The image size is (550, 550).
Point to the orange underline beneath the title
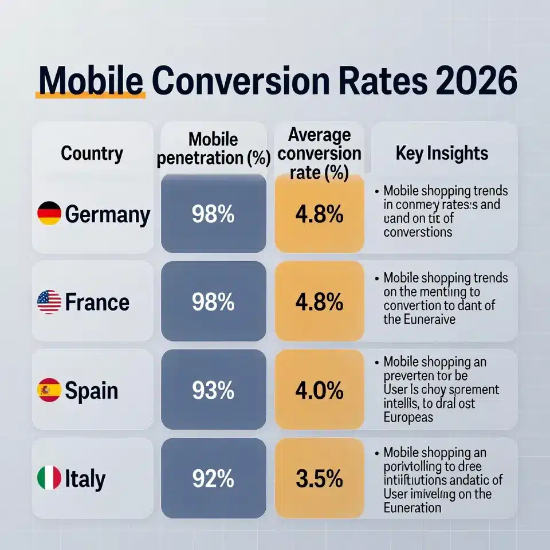point(89,96)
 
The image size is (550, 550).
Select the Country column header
point(92,154)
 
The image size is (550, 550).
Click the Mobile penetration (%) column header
point(213,148)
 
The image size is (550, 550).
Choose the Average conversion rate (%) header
point(319,153)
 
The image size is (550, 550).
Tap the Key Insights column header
point(442,153)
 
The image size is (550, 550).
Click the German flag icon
point(49,214)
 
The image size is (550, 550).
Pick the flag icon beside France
point(49,302)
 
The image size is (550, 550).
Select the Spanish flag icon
point(49,391)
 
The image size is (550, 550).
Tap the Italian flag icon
point(49,478)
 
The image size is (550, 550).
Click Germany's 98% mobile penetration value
point(213,214)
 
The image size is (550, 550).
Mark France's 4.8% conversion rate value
point(319,302)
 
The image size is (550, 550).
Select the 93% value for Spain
point(213,391)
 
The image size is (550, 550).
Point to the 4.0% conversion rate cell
point(319,391)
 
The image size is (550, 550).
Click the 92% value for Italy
point(213,478)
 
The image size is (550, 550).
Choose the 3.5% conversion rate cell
point(319,478)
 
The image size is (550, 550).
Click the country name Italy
point(85,479)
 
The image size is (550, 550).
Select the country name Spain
point(92,391)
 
